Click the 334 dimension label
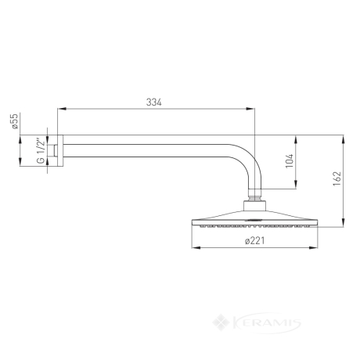[x=154, y=103]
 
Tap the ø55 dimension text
[x=15, y=121]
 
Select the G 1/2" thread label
[x=41, y=150]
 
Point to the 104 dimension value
[x=290, y=161]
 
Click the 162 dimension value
[x=337, y=178]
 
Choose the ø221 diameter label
[x=254, y=240]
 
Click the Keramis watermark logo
[x=257, y=322]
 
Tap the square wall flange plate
[x=60, y=150]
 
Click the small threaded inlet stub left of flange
[x=55, y=150]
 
